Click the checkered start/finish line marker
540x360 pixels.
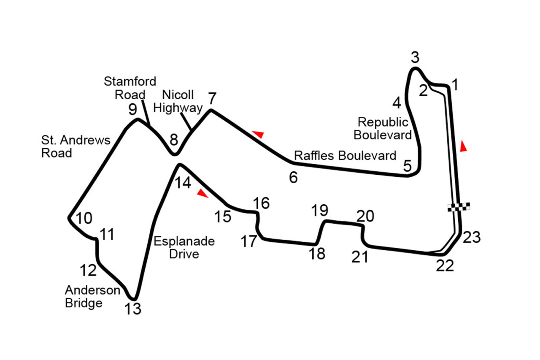click(459, 206)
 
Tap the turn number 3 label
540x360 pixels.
click(415, 57)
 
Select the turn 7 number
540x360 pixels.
click(212, 99)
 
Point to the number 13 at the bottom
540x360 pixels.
click(133, 309)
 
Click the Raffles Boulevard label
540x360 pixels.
click(345, 155)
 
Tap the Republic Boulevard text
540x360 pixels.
click(383, 128)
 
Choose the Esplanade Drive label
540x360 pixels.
click(184, 248)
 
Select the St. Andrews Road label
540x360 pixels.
click(76, 146)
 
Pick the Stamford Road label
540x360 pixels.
click(130, 87)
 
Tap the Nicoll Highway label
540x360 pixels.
click(178, 101)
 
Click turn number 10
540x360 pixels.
click(84, 218)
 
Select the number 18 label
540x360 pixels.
click(317, 254)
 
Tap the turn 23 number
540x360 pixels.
click(472, 238)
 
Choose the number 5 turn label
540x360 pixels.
click(407, 166)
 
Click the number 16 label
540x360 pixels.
click(262, 203)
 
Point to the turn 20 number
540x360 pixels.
click(365, 217)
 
